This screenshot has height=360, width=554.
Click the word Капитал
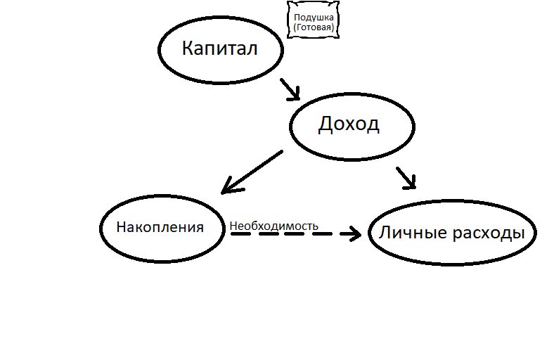click(x=220, y=49)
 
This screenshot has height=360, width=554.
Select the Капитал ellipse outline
click(x=160, y=49)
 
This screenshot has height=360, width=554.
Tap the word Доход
click(x=349, y=124)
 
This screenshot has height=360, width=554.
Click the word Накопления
click(x=160, y=228)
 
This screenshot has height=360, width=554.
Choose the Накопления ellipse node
click(x=103, y=229)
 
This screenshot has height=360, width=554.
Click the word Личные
click(x=410, y=233)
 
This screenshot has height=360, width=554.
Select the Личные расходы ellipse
click(x=371, y=234)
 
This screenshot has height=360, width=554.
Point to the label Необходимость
click(x=273, y=226)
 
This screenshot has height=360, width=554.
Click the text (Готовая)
click(x=314, y=27)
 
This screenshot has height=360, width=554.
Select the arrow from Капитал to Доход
click(x=289, y=88)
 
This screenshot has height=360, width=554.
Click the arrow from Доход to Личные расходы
click(x=406, y=177)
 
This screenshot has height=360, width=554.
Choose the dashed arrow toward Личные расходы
click(x=288, y=234)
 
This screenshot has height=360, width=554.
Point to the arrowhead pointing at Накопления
click(x=227, y=188)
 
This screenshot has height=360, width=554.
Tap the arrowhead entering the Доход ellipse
click(x=295, y=94)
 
